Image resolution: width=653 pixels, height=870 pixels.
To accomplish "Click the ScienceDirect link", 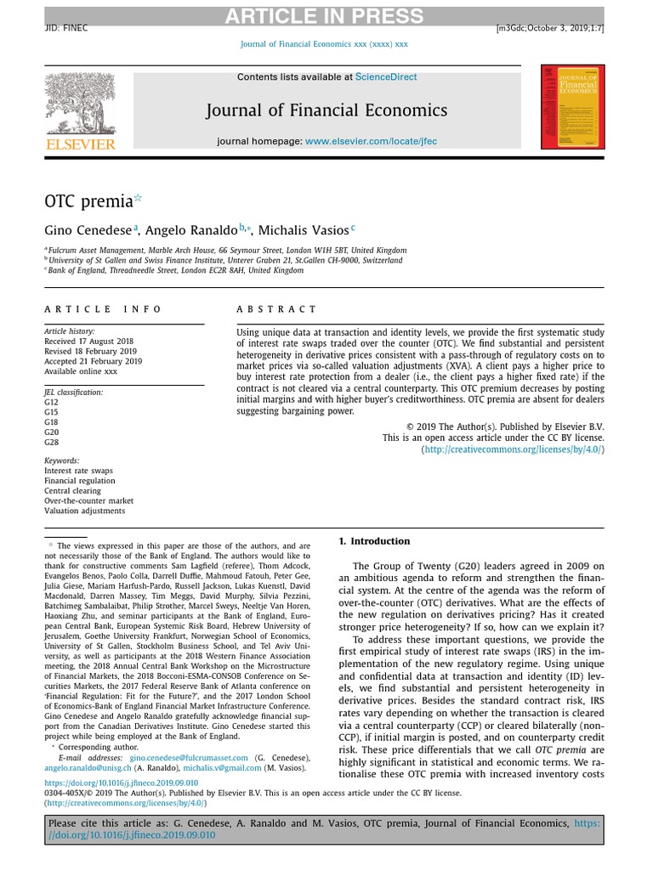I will pos(386,76).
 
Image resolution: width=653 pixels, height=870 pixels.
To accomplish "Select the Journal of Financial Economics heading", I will pos(326,110).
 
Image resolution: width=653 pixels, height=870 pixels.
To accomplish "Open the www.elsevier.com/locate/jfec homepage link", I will pos(371,141).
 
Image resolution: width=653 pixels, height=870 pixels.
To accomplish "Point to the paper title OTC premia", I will pos(88,201).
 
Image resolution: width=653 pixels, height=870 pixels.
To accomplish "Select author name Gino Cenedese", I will pos(88,230).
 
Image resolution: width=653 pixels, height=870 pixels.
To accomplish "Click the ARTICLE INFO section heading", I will pos(103,310).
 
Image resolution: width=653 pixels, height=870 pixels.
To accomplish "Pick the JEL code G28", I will pos(51,443).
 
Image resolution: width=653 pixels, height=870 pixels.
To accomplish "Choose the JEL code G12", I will pos(51,402).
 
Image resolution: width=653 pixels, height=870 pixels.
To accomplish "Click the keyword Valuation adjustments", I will pos(84,511).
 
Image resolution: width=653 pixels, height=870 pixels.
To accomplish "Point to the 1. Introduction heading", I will pos(374,541).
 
